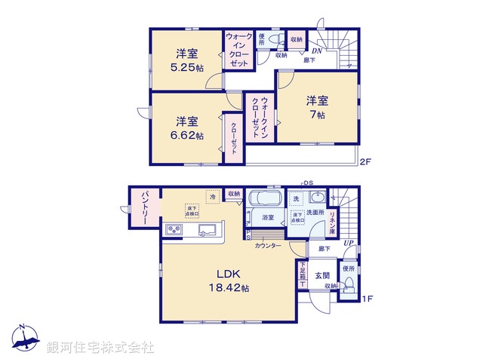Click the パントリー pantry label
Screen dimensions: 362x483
point(142,209)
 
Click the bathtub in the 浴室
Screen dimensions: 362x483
point(264,200)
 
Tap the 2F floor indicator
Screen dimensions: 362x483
point(366,161)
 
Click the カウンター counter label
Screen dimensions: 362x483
point(268,246)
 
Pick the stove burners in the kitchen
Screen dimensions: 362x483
point(174,230)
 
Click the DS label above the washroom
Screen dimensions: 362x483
point(309,183)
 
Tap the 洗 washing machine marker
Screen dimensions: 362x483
point(296,198)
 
